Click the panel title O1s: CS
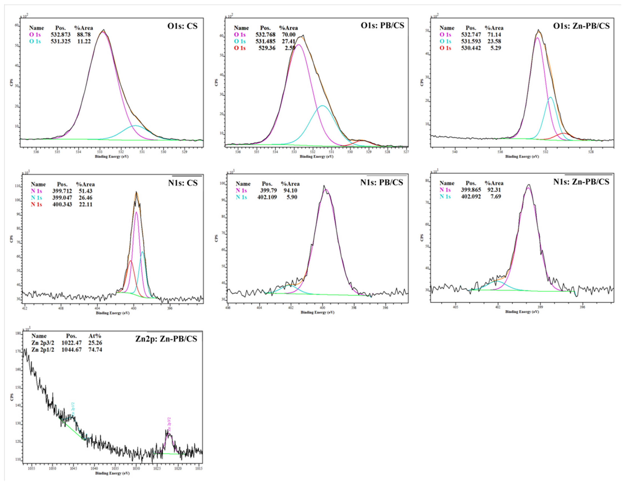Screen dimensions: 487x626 (x=182, y=26)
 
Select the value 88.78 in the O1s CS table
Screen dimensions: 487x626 (x=84, y=35)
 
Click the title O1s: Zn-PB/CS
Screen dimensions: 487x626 (x=581, y=26)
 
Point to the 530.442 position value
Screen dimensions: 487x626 (x=471, y=48)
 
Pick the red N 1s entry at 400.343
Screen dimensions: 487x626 (x=36, y=204)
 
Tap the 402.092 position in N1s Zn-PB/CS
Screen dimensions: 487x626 (x=471, y=197)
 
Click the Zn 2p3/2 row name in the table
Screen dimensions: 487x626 (x=43, y=343)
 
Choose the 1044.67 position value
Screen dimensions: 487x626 (x=71, y=350)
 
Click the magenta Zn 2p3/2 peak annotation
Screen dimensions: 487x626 (x=169, y=425)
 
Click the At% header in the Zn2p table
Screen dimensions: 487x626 (x=95, y=336)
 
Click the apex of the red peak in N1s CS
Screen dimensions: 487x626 (x=131, y=261)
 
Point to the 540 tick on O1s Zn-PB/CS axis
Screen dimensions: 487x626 (x=455, y=152)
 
